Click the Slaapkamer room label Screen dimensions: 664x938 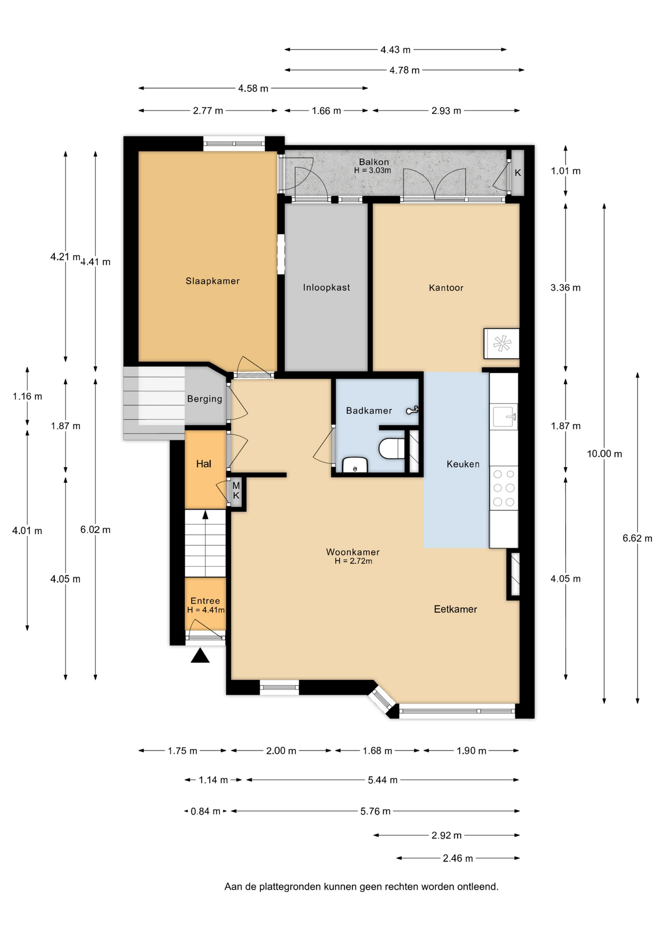(212, 281)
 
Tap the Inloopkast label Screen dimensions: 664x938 (326, 288)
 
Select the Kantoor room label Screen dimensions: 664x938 (446, 288)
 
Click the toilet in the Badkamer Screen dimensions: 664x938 (392, 448)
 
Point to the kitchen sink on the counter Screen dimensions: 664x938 (504, 417)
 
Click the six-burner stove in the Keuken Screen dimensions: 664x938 (504, 488)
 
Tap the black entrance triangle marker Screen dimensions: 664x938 (200, 656)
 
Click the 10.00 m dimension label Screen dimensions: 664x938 (604, 454)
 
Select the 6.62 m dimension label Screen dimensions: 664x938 (637, 538)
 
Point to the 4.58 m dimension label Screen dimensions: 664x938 (253, 88)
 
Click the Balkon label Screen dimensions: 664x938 (374, 162)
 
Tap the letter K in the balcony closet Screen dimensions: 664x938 (518, 173)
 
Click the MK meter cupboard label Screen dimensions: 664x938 (236, 490)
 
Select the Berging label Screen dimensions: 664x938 (204, 399)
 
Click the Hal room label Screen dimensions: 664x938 (204, 464)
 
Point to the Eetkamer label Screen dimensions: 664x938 (455, 609)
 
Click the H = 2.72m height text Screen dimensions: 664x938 (353, 561)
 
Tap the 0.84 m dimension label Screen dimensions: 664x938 (205, 811)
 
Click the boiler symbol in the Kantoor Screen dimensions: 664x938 (502, 343)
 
